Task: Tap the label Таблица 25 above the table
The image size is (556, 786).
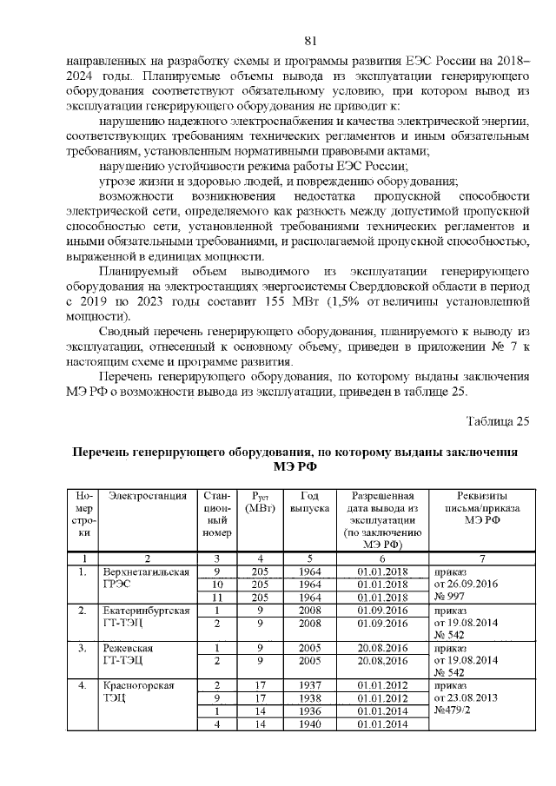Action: click(498, 422)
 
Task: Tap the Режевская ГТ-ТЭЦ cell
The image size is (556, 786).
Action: click(130, 656)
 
